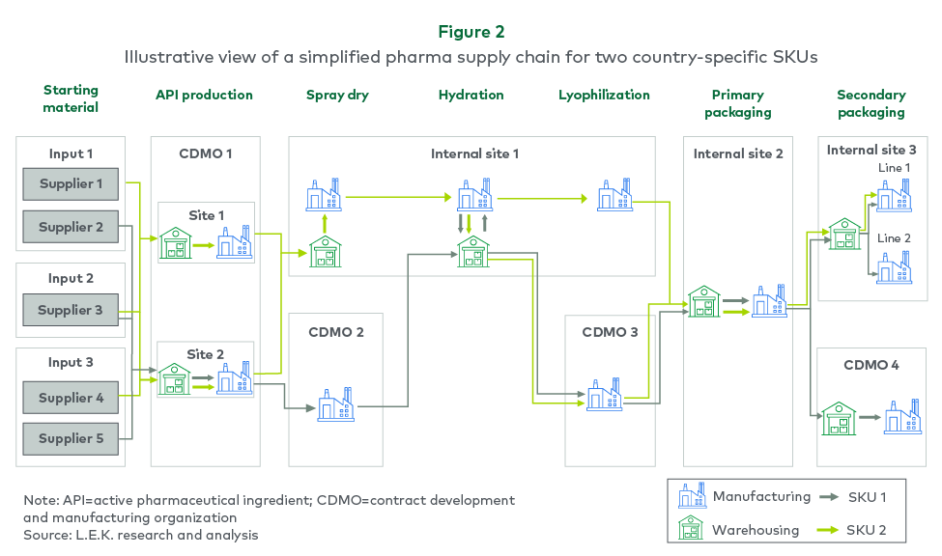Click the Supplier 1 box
click(71, 183)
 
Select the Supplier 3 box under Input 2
click(71, 310)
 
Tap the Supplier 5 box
click(71, 438)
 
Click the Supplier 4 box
click(71, 397)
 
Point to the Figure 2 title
click(471, 32)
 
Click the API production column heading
click(204, 95)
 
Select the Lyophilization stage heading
click(604, 95)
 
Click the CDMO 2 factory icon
click(336, 406)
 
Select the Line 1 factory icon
click(894, 196)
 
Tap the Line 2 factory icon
click(894, 267)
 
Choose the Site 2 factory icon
click(234, 379)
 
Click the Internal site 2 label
click(738, 153)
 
